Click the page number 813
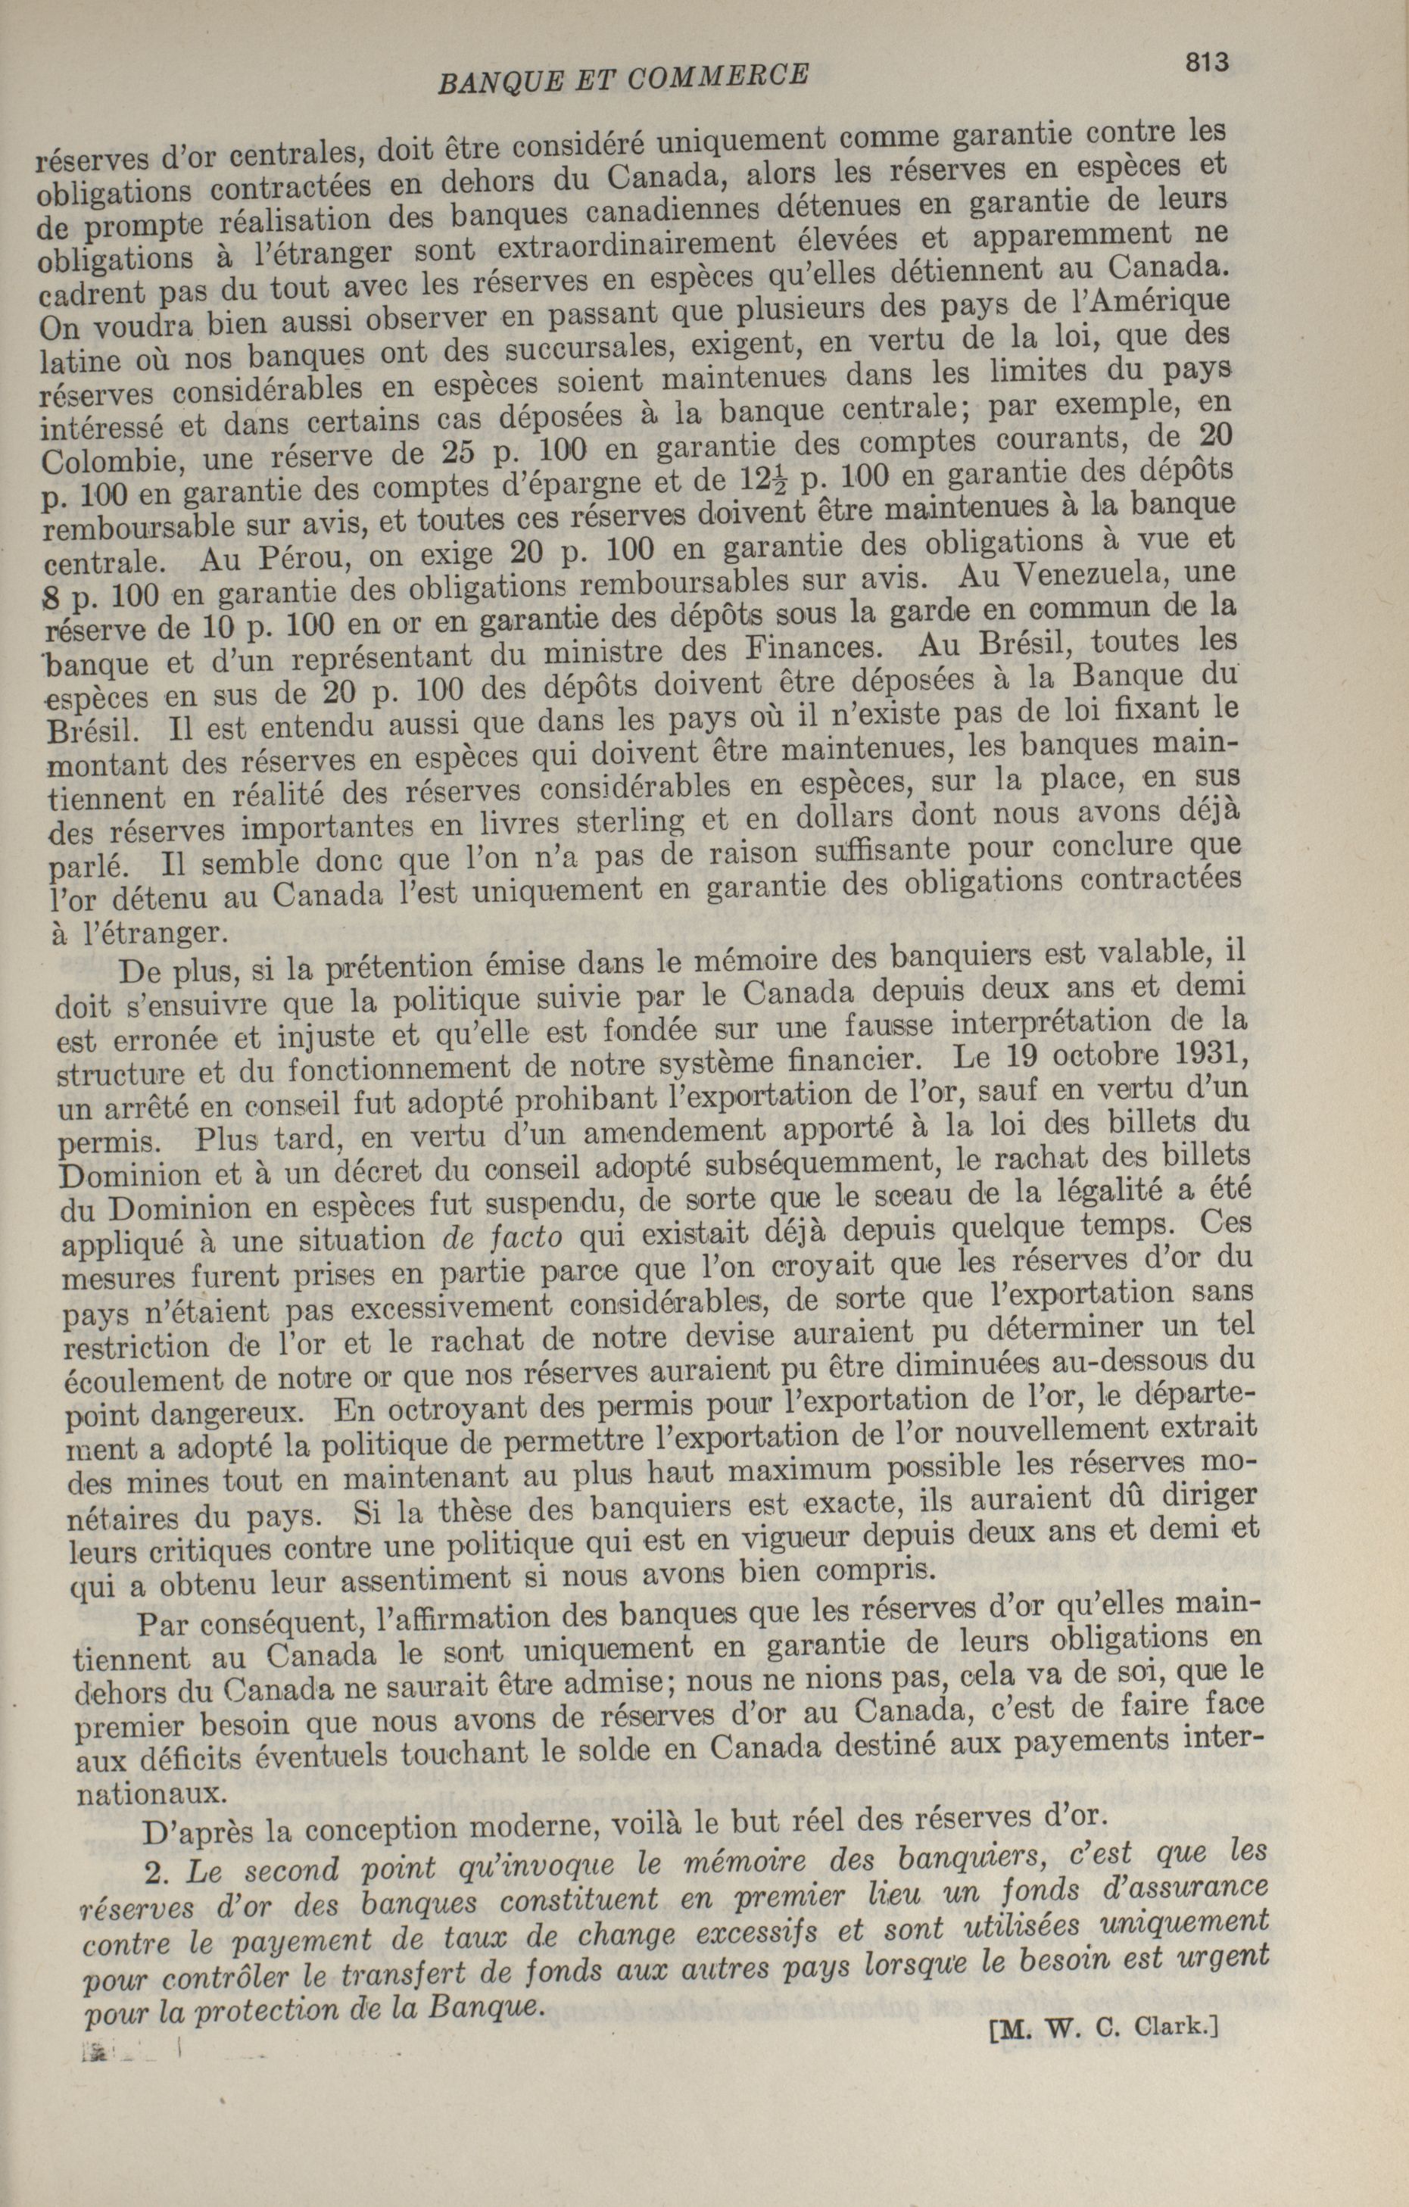click(x=1205, y=61)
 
